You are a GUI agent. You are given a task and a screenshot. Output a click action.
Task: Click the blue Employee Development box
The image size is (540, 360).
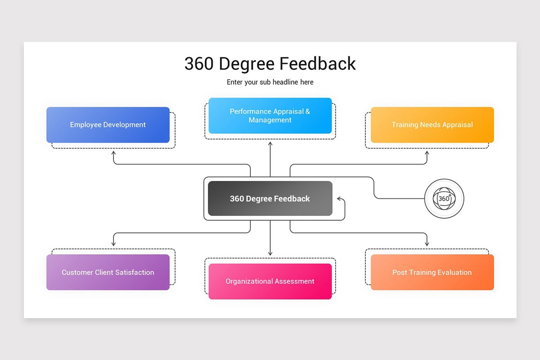(x=108, y=125)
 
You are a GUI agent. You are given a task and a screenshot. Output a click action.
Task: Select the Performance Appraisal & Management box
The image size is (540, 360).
(x=270, y=116)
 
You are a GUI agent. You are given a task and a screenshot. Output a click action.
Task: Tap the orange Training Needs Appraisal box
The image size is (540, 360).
(x=432, y=125)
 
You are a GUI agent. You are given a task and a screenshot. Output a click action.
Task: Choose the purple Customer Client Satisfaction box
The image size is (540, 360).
(x=108, y=272)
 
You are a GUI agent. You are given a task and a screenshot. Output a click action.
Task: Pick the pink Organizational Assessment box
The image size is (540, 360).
(x=270, y=281)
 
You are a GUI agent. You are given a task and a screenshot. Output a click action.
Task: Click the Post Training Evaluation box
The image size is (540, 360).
(x=432, y=272)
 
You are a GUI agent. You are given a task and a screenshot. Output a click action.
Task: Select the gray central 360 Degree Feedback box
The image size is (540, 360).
(x=270, y=198)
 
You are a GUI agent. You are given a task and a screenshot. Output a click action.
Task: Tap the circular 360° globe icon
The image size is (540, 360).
(x=444, y=198)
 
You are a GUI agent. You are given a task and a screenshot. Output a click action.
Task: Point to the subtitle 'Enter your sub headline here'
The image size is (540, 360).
(x=270, y=82)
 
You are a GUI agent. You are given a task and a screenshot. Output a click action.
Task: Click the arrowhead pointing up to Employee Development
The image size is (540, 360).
(x=113, y=153)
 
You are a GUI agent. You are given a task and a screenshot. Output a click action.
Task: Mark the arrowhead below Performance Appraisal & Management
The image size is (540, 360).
(x=270, y=144)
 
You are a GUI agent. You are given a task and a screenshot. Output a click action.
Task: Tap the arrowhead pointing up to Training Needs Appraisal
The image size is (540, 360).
(x=427, y=153)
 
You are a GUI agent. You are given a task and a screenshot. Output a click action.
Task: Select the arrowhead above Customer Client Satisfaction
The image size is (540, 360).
(x=113, y=243)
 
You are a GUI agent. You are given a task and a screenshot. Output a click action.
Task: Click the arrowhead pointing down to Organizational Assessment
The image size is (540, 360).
(x=270, y=253)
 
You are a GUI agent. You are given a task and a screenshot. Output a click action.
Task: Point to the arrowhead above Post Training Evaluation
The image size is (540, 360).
(x=427, y=243)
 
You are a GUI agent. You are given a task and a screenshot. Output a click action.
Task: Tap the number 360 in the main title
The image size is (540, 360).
(x=199, y=63)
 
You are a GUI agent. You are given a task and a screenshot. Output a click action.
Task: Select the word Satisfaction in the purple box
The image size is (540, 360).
(x=134, y=272)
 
